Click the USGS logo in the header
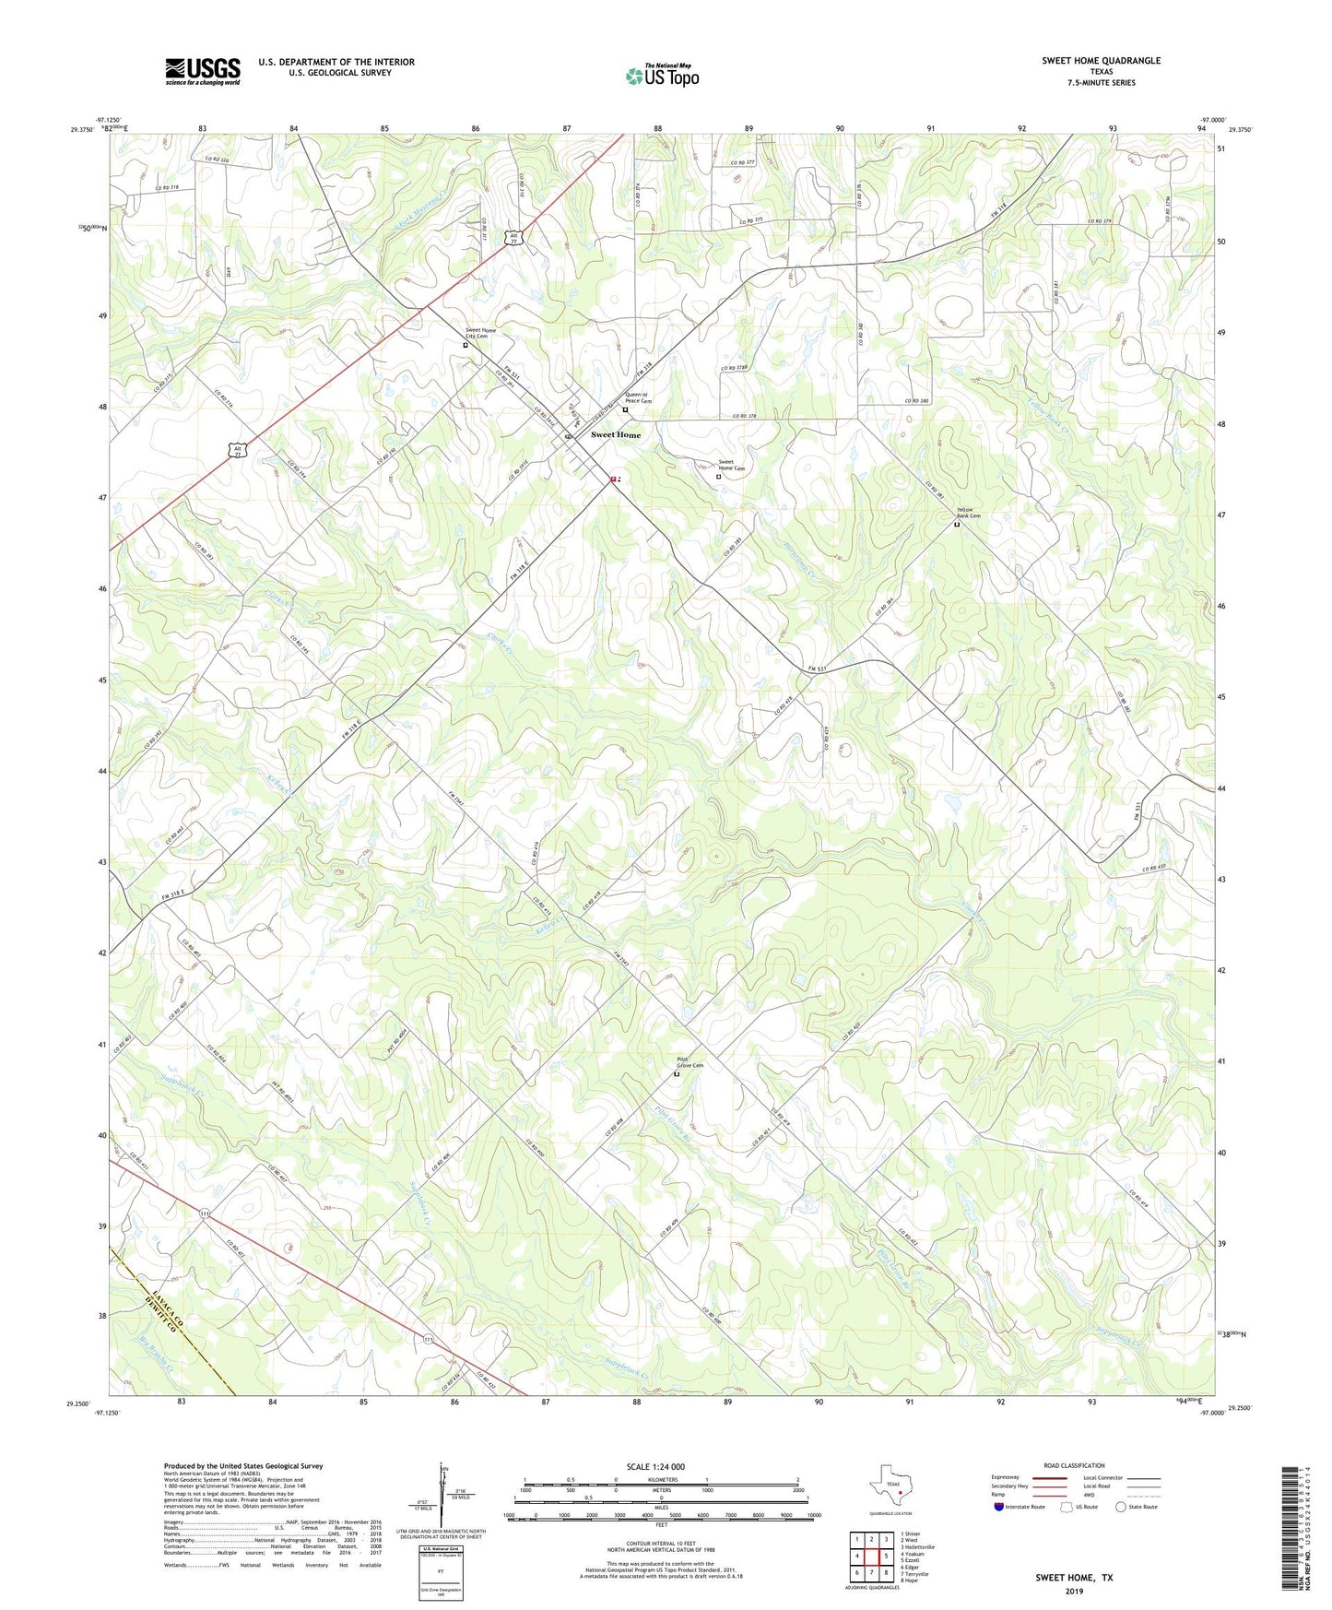[x=203, y=70]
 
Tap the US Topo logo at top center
[x=662, y=76]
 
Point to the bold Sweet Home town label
[x=616, y=434]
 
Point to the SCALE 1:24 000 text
[x=654, y=1467]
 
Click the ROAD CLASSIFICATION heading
[x=1074, y=1465]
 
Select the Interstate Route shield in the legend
[x=998, y=1507]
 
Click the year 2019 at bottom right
[x=1074, y=1591]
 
